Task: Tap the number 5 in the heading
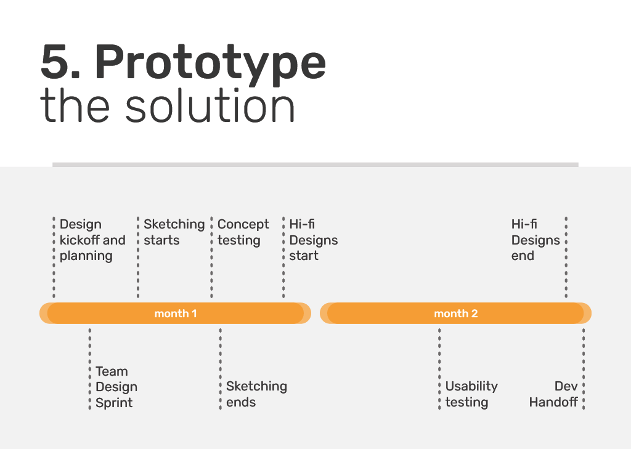coord(57,63)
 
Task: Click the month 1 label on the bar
coord(176,313)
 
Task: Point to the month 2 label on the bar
coord(455,313)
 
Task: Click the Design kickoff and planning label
coord(92,240)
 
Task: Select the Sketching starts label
coord(174,232)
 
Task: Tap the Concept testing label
coord(243,232)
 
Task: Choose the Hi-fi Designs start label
coord(313,240)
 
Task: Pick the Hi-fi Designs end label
coord(535,240)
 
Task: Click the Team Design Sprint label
coord(116,387)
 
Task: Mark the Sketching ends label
coord(256,394)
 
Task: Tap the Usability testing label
coord(471,394)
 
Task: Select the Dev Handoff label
coord(553,394)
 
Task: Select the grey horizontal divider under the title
coord(315,164)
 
